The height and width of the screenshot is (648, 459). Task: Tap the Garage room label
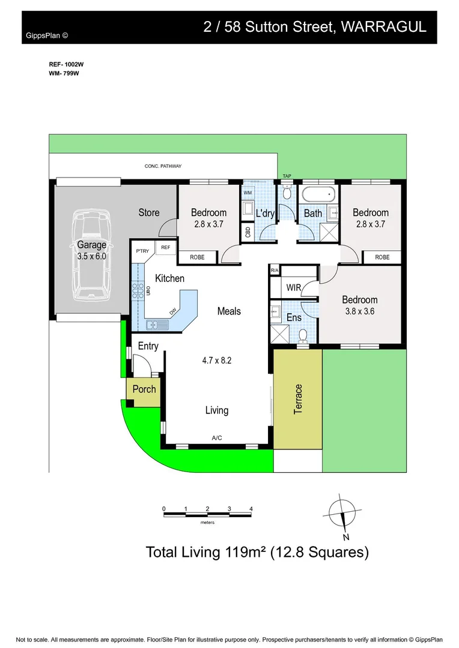[x=91, y=245]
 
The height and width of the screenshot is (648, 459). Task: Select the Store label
[x=149, y=212]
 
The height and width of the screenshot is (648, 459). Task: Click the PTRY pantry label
[x=142, y=251]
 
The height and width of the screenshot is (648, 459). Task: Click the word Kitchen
[x=169, y=278]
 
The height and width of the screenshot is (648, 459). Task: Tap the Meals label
[x=229, y=311]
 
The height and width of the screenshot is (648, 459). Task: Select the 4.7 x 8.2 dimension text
[x=217, y=361]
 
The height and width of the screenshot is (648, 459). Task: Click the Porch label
[x=144, y=389]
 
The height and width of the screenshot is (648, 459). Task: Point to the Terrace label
[x=298, y=399]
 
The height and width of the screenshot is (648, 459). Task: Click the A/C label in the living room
[x=217, y=438]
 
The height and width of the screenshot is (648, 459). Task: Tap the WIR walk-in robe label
[x=293, y=288]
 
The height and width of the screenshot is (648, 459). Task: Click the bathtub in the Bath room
[x=318, y=194]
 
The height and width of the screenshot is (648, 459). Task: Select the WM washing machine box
[x=248, y=193]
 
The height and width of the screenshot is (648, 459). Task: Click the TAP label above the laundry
[x=287, y=176]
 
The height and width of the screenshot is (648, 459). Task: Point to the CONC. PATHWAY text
[x=163, y=166]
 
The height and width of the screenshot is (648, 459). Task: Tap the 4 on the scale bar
[x=251, y=509]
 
